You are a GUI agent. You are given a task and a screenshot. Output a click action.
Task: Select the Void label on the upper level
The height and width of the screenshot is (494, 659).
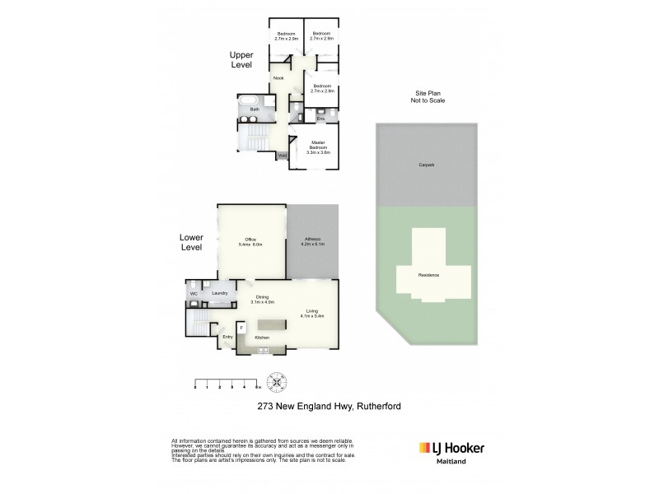point(282,156)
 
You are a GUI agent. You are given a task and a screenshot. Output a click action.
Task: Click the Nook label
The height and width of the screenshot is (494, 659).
point(278,79)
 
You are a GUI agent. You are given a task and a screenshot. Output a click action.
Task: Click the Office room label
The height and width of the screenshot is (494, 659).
point(251,241)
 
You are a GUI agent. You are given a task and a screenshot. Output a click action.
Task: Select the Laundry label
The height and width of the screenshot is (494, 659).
point(219,292)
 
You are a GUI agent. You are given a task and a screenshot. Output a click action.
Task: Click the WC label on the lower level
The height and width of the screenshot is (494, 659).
point(194,293)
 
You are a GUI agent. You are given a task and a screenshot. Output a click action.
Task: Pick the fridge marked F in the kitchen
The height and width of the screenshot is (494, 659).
point(241,327)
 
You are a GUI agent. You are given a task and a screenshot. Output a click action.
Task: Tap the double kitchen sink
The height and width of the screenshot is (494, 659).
point(264,351)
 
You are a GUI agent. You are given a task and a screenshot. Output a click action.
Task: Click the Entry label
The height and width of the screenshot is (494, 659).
point(227,336)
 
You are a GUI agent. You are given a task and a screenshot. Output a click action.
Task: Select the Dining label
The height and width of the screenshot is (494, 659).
point(263,299)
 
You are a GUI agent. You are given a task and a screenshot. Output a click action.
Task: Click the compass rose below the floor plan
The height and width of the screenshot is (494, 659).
point(278,382)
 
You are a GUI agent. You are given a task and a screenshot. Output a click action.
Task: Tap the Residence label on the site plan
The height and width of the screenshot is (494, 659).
point(429,275)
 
